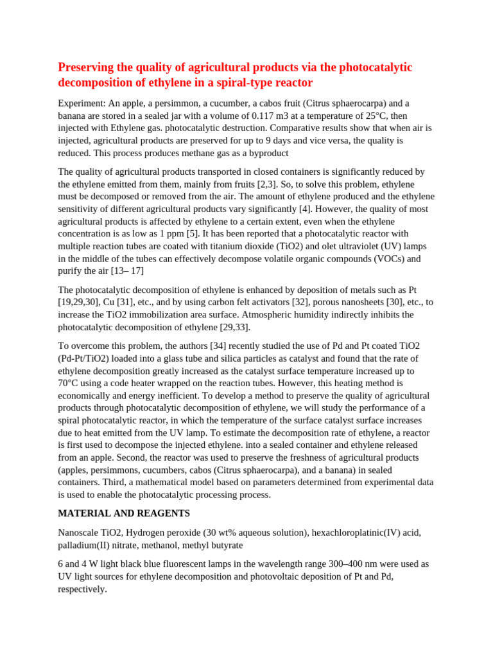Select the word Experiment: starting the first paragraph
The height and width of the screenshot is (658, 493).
[x=82, y=103]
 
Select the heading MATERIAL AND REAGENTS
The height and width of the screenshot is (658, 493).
[x=124, y=513]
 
